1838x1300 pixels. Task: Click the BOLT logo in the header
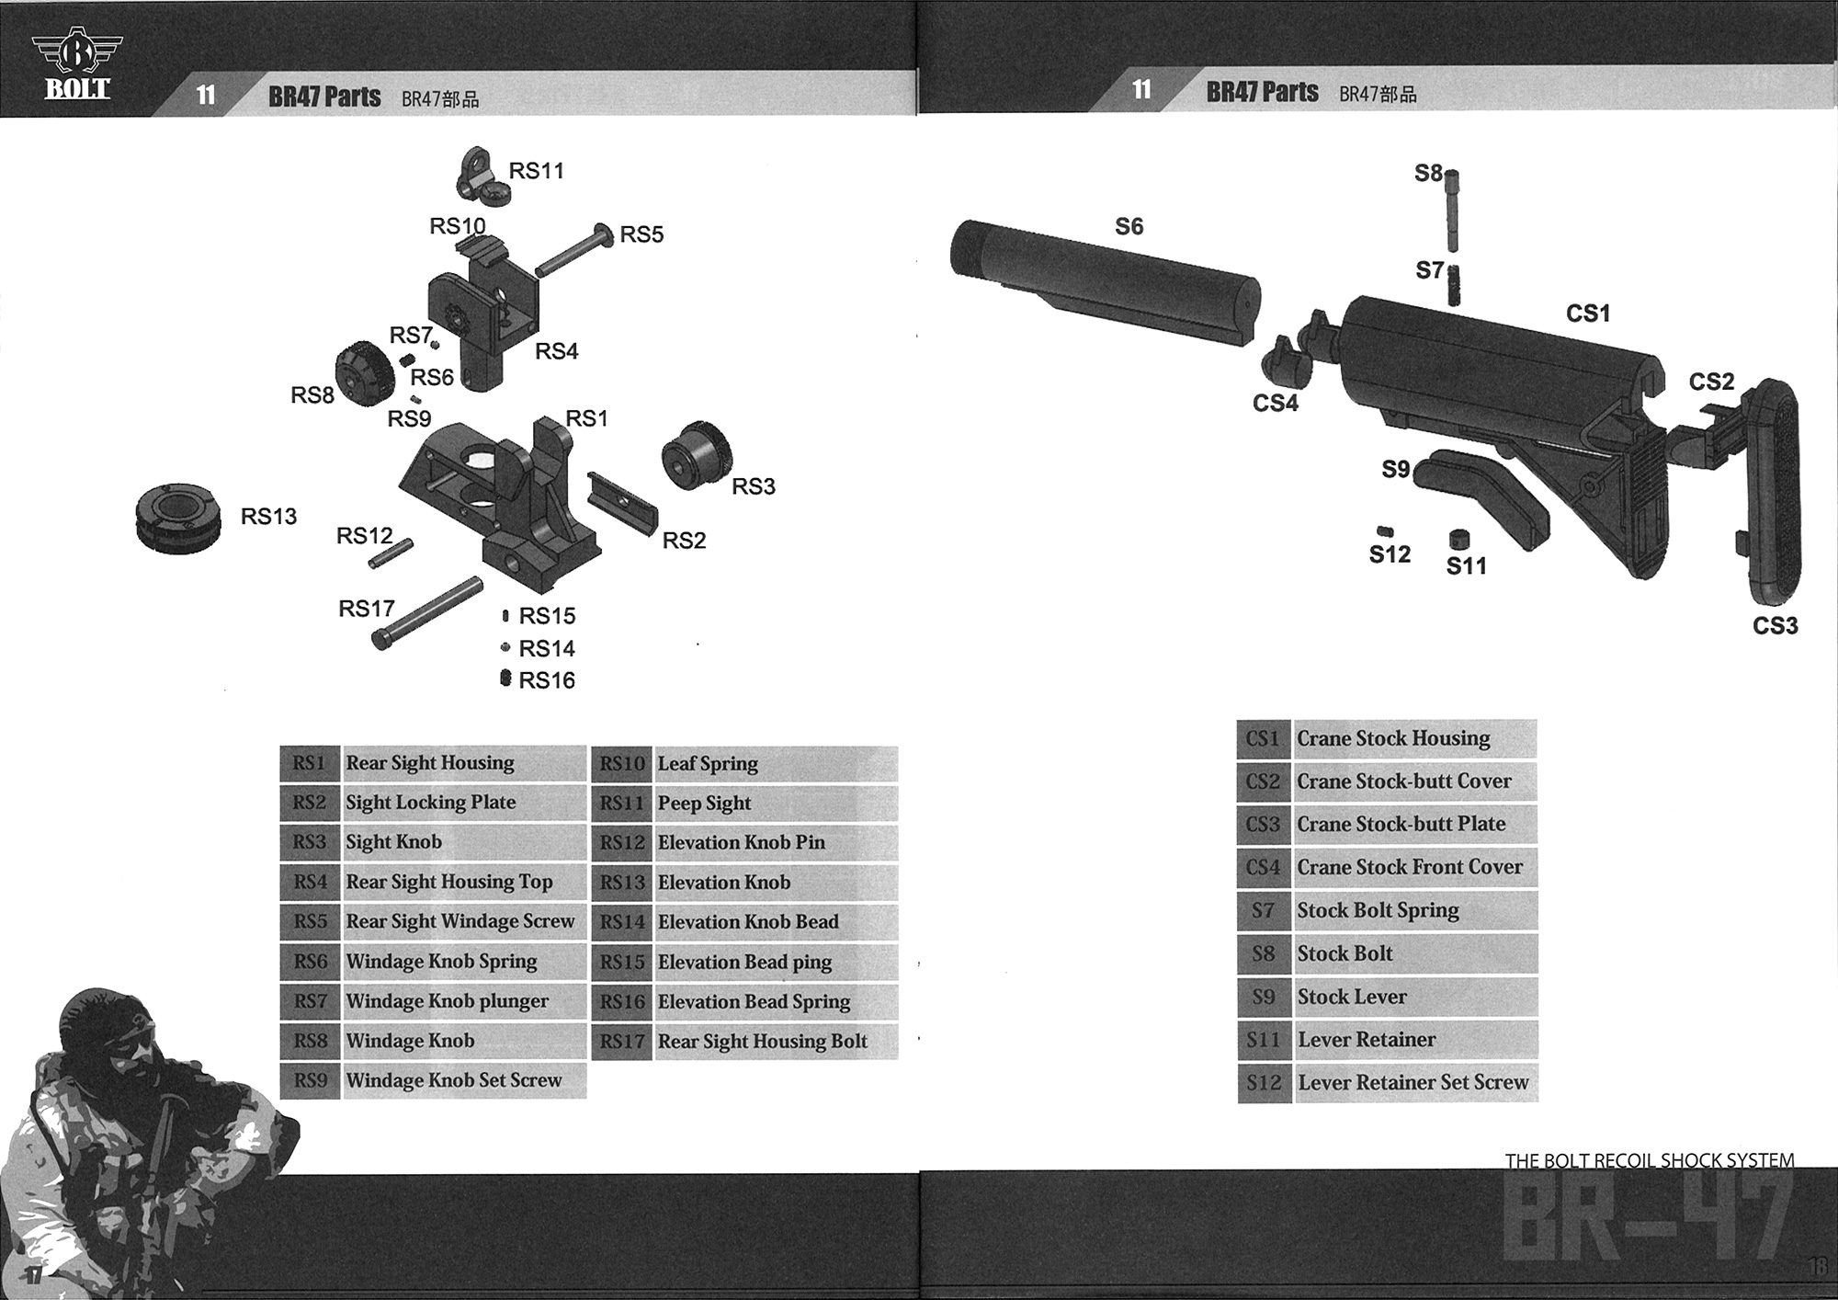tap(77, 65)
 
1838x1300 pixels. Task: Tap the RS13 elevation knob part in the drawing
tap(177, 519)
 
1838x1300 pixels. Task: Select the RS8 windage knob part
tap(363, 373)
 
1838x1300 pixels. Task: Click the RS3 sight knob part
tap(696, 456)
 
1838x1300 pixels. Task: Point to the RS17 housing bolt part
tap(427, 612)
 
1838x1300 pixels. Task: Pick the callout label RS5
tap(641, 234)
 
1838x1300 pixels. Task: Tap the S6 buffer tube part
tap(1103, 280)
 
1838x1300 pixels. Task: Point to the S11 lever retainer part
tap(1458, 539)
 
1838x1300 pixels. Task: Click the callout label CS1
tap(1587, 314)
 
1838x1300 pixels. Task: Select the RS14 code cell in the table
tap(622, 922)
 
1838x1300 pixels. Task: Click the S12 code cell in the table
tap(1264, 1083)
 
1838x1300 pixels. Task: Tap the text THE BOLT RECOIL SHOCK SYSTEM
tap(1649, 1160)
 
